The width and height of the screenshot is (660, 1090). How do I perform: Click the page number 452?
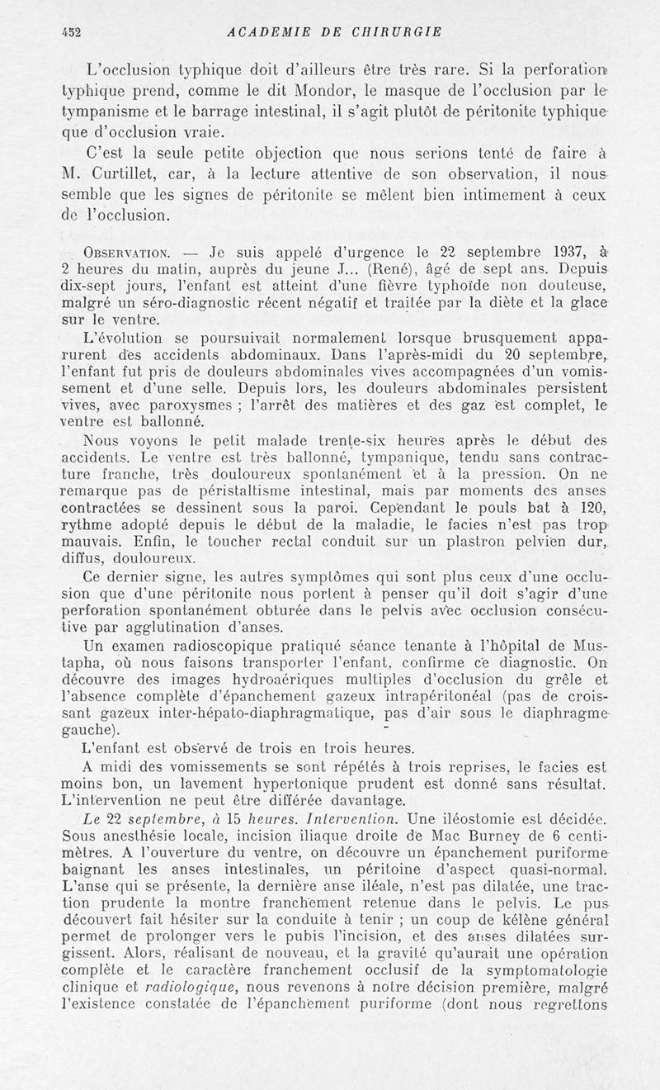75,32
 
